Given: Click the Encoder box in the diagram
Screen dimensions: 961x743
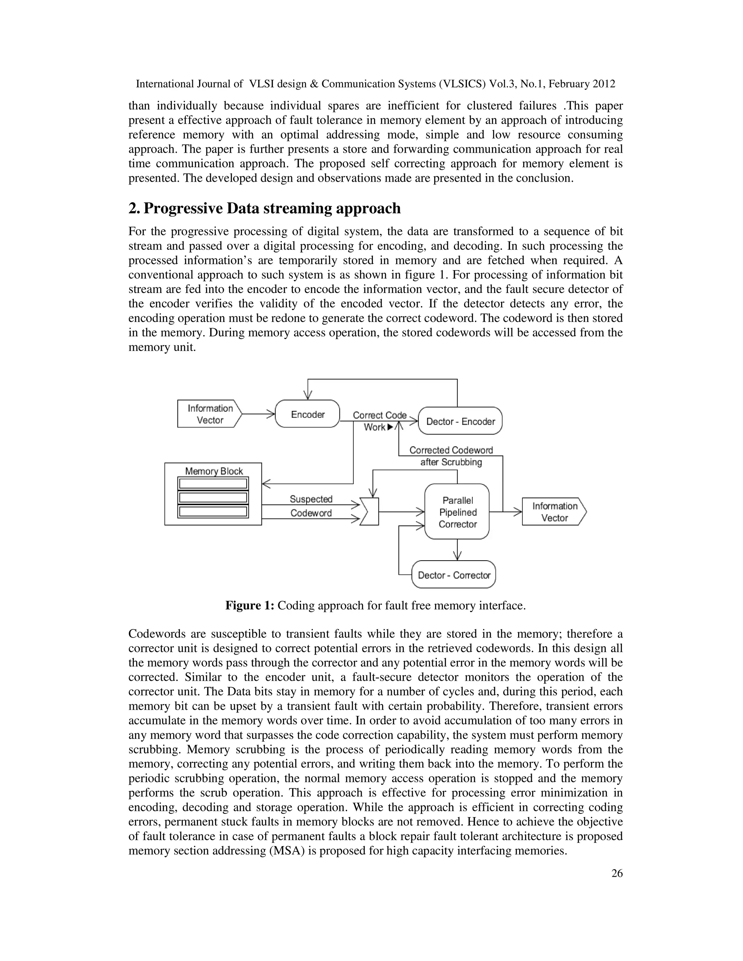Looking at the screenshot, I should pyautogui.click(x=307, y=414).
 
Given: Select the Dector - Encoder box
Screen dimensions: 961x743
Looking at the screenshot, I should pyautogui.click(x=460, y=421).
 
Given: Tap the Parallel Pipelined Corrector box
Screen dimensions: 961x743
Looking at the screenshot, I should pyautogui.click(x=457, y=512).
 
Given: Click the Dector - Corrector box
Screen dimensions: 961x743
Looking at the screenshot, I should pyautogui.click(x=454, y=575).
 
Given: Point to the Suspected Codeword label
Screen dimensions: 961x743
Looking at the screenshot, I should pyautogui.click(x=311, y=506).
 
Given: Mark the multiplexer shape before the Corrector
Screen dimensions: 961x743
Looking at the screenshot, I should pyautogui.click(x=369, y=512).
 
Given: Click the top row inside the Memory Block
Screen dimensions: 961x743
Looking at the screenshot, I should pyautogui.click(x=213, y=483).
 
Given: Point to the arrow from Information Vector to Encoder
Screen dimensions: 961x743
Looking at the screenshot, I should pyautogui.click(x=259, y=414).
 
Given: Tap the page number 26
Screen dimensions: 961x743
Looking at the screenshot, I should pyautogui.click(x=617, y=874).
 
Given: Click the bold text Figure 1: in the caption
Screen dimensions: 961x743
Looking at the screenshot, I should pyautogui.click(x=250, y=606).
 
